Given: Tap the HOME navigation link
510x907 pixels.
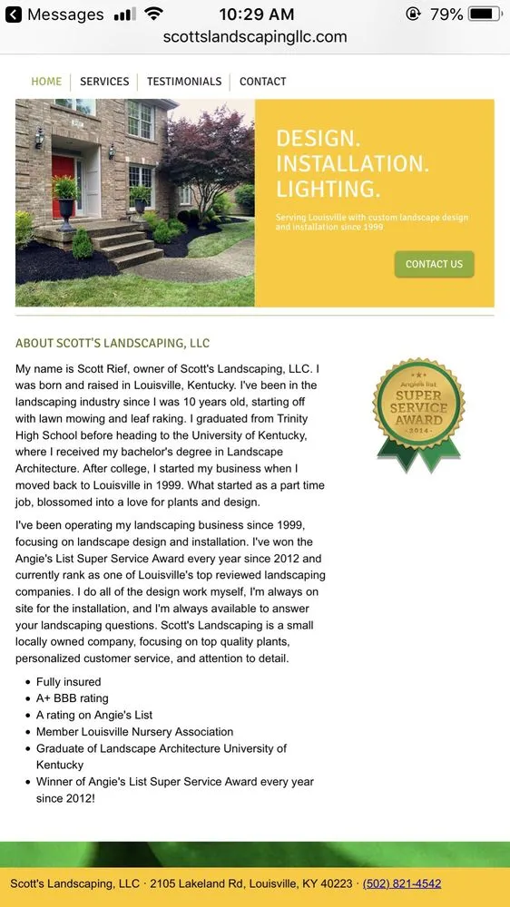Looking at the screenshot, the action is (46, 82).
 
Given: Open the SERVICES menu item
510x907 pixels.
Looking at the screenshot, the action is (104, 82).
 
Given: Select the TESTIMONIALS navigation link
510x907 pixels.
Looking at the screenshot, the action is (184, 82).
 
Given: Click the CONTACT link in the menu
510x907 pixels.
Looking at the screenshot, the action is (263, 82).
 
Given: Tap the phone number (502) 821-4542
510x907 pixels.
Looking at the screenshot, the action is (402, 883).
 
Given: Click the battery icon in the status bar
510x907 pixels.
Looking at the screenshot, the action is (485, 15).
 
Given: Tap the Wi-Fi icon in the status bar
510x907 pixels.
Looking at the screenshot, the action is (153, 15).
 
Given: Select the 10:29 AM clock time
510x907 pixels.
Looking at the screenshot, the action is (257, 15).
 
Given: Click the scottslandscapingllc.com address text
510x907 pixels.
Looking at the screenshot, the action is (255, 37).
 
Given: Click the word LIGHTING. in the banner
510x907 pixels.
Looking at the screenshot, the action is (328, 189).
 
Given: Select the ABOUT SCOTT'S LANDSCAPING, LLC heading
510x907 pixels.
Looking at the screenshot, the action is (113, 344).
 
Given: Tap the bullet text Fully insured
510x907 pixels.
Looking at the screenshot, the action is (69, 682).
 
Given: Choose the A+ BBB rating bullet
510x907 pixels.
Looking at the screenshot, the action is (73, 698).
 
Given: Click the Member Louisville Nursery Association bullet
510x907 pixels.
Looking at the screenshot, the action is (134, 732).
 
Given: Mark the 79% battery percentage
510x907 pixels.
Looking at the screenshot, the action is (446, 15).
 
